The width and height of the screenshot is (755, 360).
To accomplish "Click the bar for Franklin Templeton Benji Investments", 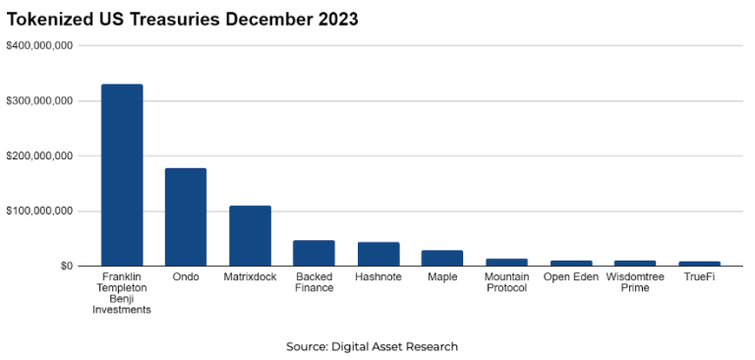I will [x=122, y=175].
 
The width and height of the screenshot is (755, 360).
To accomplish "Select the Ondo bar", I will [x=186, y=217].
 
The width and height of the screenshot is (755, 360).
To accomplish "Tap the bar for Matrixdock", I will [x=250, y=236].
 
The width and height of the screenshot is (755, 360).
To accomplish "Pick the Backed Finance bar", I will [x=314, y=253].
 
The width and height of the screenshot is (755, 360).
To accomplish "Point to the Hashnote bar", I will [x=378, y=254].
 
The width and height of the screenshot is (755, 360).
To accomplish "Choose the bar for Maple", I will [x=442, y=258].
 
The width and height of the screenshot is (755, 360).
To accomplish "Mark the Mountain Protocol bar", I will [x=506, y=262].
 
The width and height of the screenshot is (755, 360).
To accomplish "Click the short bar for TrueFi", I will [x=699, y=264].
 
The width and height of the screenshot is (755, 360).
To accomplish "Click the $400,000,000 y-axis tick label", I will [x=39, y=45].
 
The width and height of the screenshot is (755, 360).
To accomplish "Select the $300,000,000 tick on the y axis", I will [x=39, y=100].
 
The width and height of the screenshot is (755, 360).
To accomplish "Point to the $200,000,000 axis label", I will [x=39, y=155].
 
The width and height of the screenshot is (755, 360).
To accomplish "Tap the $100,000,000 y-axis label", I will [x=39, y=210].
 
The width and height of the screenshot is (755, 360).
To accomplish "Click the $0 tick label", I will [x=65, y=266].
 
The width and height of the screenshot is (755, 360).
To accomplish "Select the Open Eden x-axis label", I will [x=570, y=277].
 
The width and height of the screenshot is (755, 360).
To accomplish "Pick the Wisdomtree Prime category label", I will [x=635, y=282].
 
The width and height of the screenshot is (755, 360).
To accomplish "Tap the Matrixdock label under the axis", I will [x=250, y=277].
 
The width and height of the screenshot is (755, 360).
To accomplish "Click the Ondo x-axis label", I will [x=186, y=277].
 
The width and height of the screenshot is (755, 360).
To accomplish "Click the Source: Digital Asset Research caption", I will [x=372, y=346].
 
